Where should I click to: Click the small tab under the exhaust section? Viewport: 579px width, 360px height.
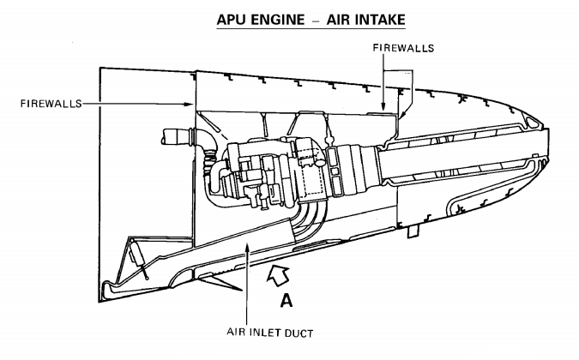pyautogui.click(x=414, y=231)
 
